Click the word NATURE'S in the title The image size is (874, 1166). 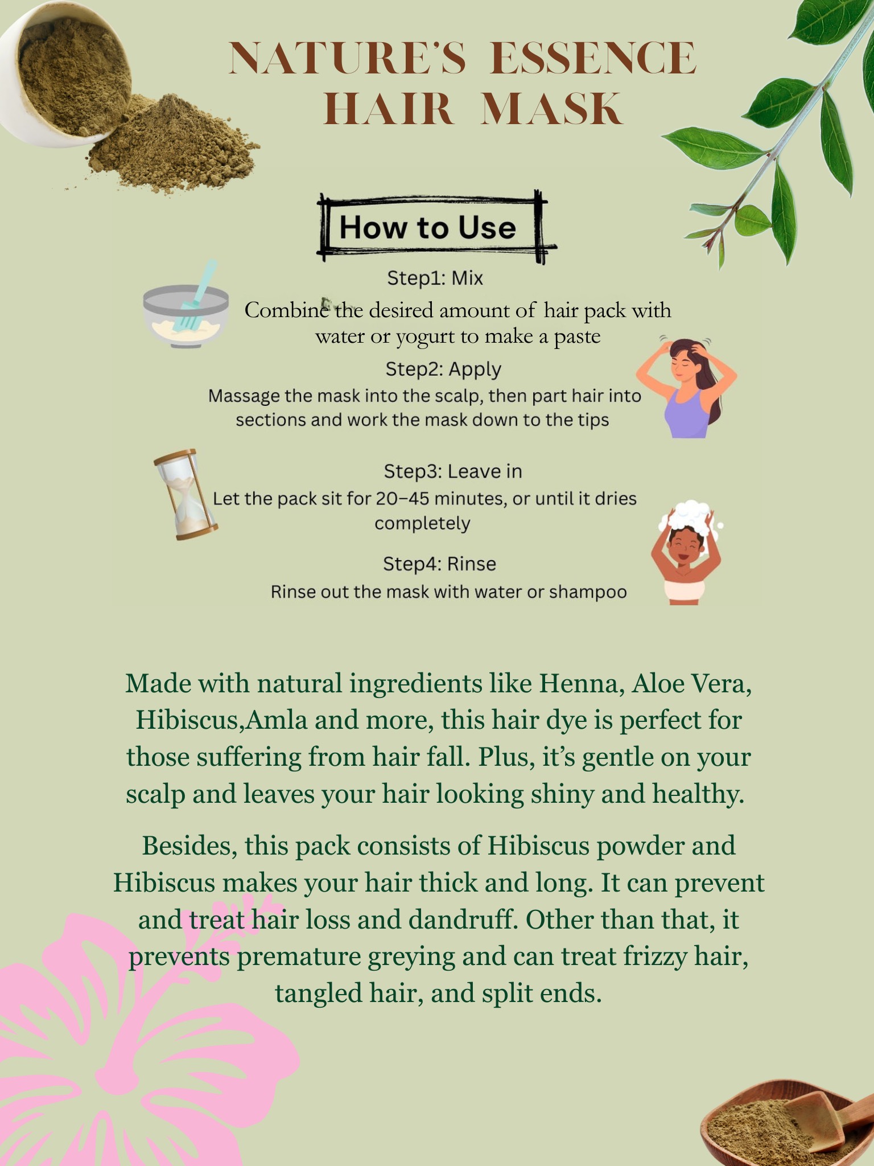347,58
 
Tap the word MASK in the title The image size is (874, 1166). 552,109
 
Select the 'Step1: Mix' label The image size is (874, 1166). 435,278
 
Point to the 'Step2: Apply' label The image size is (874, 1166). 443,369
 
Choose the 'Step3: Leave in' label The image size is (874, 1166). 453,471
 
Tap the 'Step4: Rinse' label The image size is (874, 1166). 439,564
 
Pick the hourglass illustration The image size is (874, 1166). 186,494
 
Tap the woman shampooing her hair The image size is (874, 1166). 687,552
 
